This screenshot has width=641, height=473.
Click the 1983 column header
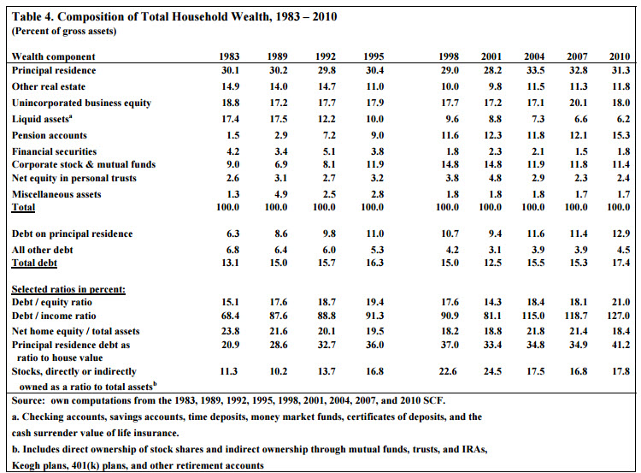tap(229, 56)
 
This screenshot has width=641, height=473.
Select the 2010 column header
tap(620, 56)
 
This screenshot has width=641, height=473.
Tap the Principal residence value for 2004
tap(536, 70)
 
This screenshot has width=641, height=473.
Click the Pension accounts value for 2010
tap(620, 135)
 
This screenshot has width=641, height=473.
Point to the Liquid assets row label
tap(42, 119)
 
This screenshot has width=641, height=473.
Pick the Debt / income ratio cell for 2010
tap(619, 316)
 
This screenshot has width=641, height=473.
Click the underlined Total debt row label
tap(34, 263)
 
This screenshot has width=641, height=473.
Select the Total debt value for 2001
tap(492, 263)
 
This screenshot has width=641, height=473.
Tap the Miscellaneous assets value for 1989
tap(281, 194)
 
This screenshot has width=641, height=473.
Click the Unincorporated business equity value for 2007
tap(579, 103)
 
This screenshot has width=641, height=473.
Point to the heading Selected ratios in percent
tap(68, 289)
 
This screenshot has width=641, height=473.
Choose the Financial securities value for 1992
tap(329, 151)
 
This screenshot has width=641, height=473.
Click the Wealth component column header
tap(53, 56)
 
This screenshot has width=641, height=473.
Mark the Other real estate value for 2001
tap(495, 86)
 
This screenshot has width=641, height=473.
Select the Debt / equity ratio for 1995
tap(375, 303)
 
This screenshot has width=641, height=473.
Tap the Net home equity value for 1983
tap(231, 331)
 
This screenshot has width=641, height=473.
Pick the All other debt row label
tap(42, 250)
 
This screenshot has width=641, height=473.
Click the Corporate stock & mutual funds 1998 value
tap(450, 164)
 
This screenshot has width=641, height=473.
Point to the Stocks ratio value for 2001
tap(492, 371)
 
